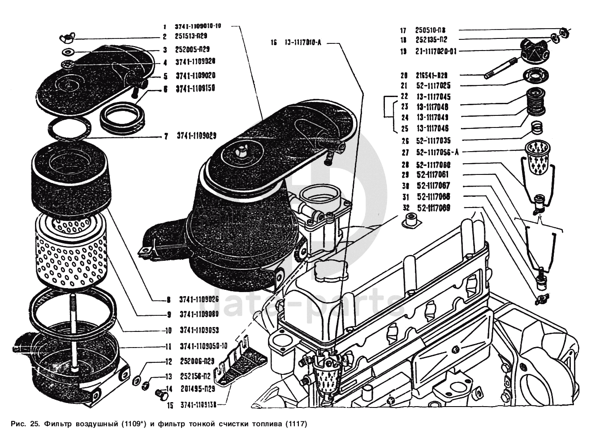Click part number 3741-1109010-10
tap(198, 26)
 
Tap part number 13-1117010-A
tap(303, 43)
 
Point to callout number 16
tap(274, 43)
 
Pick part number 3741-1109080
tap(199, 314)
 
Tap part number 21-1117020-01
tap(436, 51)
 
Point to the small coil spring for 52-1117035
tap(536, 129)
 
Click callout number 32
tap(406, 208)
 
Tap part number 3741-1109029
tap(196, 136)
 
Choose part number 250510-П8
tap(430, 30)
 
